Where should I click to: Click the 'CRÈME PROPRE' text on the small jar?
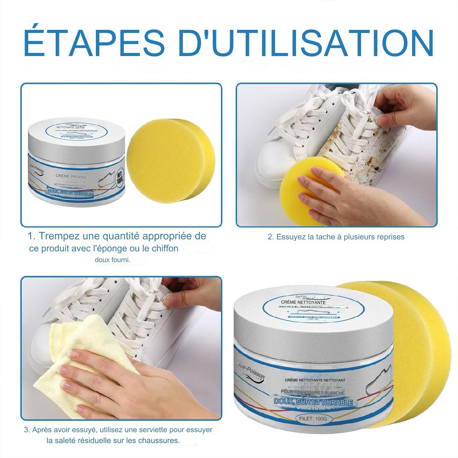point(71,177)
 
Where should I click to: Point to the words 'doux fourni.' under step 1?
point(112,260)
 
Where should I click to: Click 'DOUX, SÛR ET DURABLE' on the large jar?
point(313,402)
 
